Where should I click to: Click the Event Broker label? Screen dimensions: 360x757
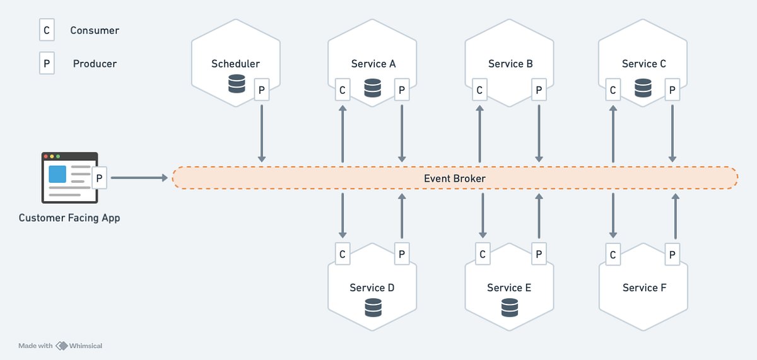click(454, 178)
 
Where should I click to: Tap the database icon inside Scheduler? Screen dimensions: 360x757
click(237, 84)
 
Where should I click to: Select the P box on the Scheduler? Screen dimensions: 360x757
click(262, 90)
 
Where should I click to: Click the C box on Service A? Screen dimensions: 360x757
click(343, 90)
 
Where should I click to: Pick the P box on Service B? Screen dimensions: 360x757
click(539, 90)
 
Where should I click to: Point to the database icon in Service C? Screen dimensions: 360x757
click(643, 88)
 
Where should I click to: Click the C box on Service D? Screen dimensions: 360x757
click(343, 254)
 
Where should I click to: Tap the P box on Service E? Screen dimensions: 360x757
click(539, 254)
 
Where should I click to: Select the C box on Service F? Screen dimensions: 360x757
click(613, 254)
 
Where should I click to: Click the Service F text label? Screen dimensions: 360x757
click(644, 287)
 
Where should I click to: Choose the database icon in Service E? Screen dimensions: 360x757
click(509, 308)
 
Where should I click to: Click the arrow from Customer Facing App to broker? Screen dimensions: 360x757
click(139, 178)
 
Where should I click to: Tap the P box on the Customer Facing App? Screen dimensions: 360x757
click(98, 178)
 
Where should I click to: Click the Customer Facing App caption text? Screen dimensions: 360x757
click(69, 218)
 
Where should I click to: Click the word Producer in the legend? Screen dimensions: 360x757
click(95, 64)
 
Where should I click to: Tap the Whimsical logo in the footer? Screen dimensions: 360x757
click(62, 345)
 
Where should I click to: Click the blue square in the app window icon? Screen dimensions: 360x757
click(58, 174)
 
